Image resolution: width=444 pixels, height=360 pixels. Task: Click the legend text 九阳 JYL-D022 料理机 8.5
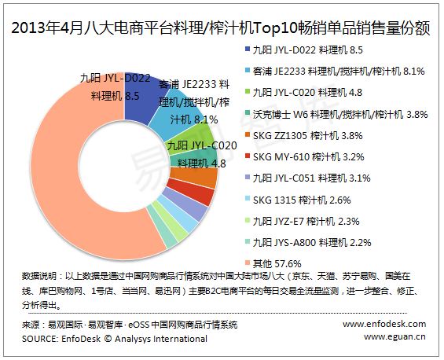coord(307,50)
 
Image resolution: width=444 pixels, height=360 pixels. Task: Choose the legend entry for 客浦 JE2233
coord(339,71)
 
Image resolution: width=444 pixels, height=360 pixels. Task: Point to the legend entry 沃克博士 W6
coord(339,115)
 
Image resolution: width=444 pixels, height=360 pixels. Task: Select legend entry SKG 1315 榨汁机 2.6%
coord(302,200)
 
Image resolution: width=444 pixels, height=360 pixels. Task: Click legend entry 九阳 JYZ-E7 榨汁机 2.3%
coord(306,221)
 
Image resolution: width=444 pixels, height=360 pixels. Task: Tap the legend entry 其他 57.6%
coord(277,264)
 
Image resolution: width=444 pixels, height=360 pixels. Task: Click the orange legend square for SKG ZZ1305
coord(248,135)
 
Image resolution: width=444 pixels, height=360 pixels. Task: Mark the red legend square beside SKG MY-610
coord(248,156)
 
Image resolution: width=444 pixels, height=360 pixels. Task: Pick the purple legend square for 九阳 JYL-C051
coord(248,178)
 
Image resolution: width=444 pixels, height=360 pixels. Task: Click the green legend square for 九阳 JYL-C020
coord(248,92)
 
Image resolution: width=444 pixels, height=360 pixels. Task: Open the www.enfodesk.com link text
coord(384,324)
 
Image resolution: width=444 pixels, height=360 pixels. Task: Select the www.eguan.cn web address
coord(394,336)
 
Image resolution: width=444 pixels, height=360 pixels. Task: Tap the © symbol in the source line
coord(108,339)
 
